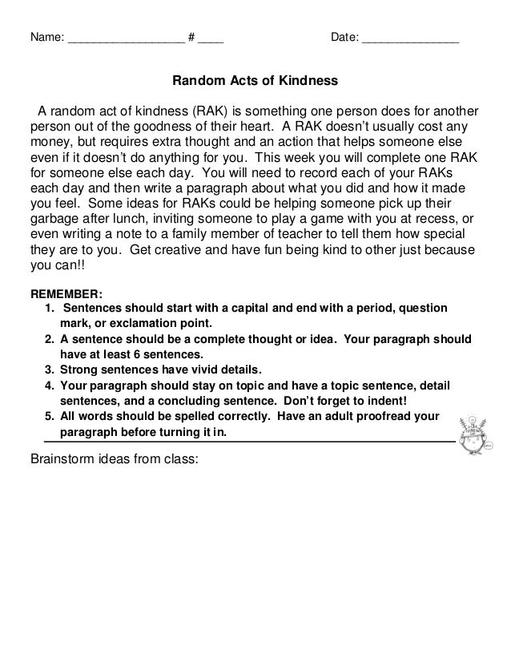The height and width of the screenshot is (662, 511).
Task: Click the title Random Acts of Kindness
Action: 255,82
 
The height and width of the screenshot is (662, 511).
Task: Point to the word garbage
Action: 54,216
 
